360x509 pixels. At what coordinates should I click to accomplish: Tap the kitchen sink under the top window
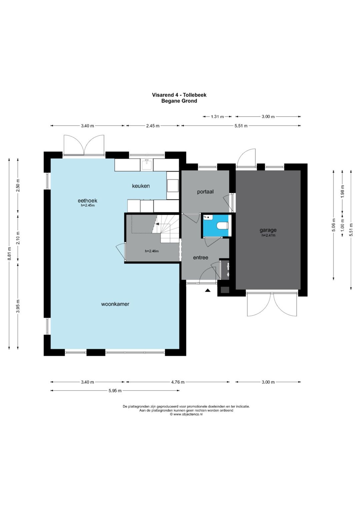pos(147,165)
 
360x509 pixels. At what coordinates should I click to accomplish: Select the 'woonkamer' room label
pos(115,304)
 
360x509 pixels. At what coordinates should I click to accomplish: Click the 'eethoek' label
pos(87,200)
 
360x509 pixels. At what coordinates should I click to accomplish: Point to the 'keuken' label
pos(141,186)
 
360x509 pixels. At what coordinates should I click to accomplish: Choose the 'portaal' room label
pos(205,192)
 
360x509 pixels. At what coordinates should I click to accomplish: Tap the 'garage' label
pos(268,230)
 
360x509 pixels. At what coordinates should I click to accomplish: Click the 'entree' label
pos(201,257)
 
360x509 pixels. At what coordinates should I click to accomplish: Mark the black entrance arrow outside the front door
pos(207,290)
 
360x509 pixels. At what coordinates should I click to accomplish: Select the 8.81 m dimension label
pos(9,254)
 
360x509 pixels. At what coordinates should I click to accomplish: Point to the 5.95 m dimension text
pos(115,391)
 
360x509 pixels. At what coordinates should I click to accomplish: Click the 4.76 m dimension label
pos(178,382)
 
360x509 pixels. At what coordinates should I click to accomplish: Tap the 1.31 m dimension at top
pos(217,117)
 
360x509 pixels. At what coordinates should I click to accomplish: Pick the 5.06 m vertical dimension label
pos(333,225)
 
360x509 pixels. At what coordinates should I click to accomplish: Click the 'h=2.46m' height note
pos(152,251)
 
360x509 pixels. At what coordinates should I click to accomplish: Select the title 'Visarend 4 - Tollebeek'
pos(179,95)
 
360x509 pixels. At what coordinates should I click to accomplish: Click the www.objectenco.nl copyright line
pos(186,414)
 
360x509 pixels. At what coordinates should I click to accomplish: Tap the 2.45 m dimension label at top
pos(153,126)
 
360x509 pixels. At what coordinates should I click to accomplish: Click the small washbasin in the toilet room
pos(208,217)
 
